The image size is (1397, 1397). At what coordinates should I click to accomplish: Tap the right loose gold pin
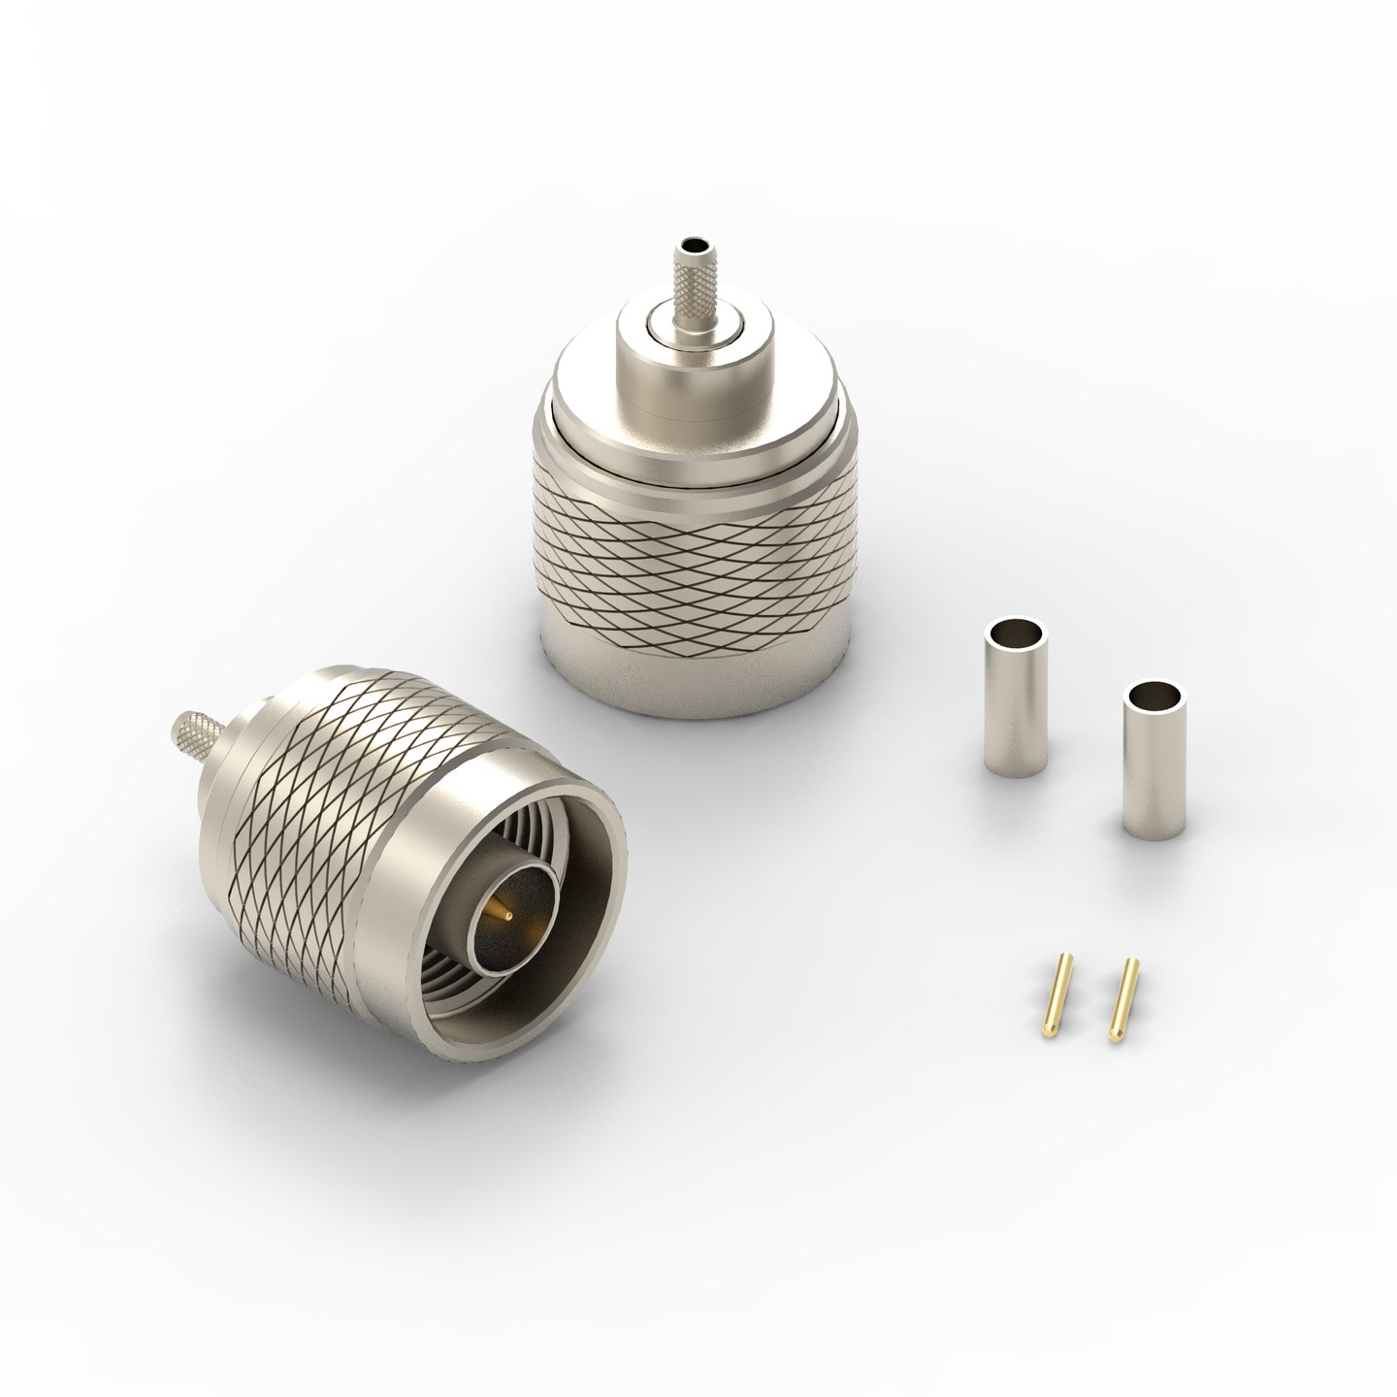pos(1126,1015)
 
